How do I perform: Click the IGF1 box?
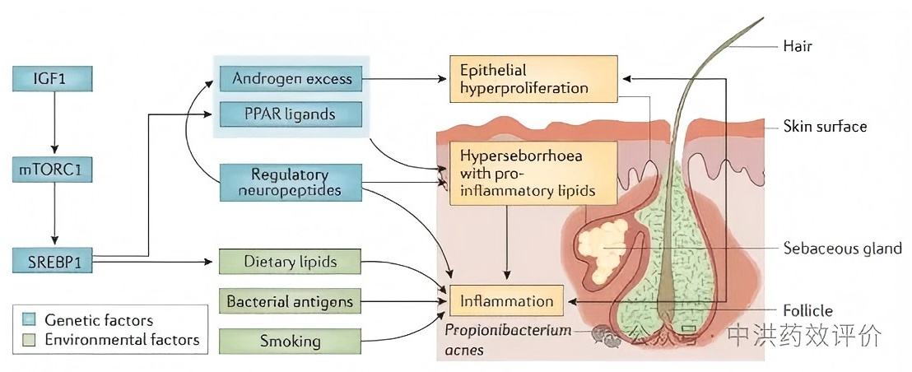click(x=53, y=79)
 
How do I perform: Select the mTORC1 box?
click(x=53, y=170)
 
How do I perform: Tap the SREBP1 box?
click(x=53, y=262)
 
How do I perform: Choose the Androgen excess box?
click(x=291, y=80)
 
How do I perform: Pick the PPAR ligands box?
click(x=291, y=114)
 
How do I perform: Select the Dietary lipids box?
click(x=291, y=263)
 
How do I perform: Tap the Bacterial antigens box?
click(x=291, y=302)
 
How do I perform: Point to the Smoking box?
click(x=291, y=340)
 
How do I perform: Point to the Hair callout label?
click(x=797, y=46)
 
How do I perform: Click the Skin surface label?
click(x=825, y=126)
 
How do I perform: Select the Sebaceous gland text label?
click(x=840, y=248)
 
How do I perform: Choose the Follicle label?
click(x=807, y=310)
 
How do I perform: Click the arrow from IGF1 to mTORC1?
click(x=53, y=124)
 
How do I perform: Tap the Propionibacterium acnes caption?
click(x=496, y=339)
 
